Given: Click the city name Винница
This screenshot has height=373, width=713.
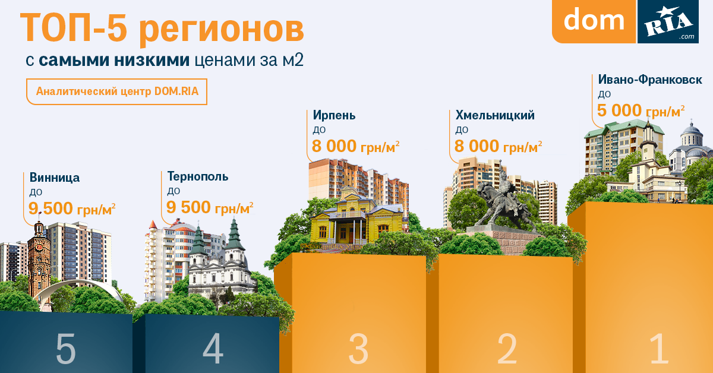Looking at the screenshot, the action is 55,178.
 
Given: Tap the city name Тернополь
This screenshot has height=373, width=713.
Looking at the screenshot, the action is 198,176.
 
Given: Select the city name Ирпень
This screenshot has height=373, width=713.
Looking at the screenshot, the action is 334,115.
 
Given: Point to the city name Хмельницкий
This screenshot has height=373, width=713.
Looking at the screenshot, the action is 495,115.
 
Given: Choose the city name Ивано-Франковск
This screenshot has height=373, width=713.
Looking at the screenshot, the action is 650,80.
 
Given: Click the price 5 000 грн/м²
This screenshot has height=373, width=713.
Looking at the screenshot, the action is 641,110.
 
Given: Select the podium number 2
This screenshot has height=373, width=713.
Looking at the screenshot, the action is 507,349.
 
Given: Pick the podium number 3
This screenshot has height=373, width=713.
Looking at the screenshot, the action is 358,349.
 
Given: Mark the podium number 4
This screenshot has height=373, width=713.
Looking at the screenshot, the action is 213,348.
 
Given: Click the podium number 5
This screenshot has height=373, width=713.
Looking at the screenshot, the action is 66,348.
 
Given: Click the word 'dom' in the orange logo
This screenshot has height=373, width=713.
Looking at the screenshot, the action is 594,20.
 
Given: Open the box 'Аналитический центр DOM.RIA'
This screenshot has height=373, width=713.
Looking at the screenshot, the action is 117,91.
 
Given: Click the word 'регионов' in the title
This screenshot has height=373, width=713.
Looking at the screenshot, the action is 222,29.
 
